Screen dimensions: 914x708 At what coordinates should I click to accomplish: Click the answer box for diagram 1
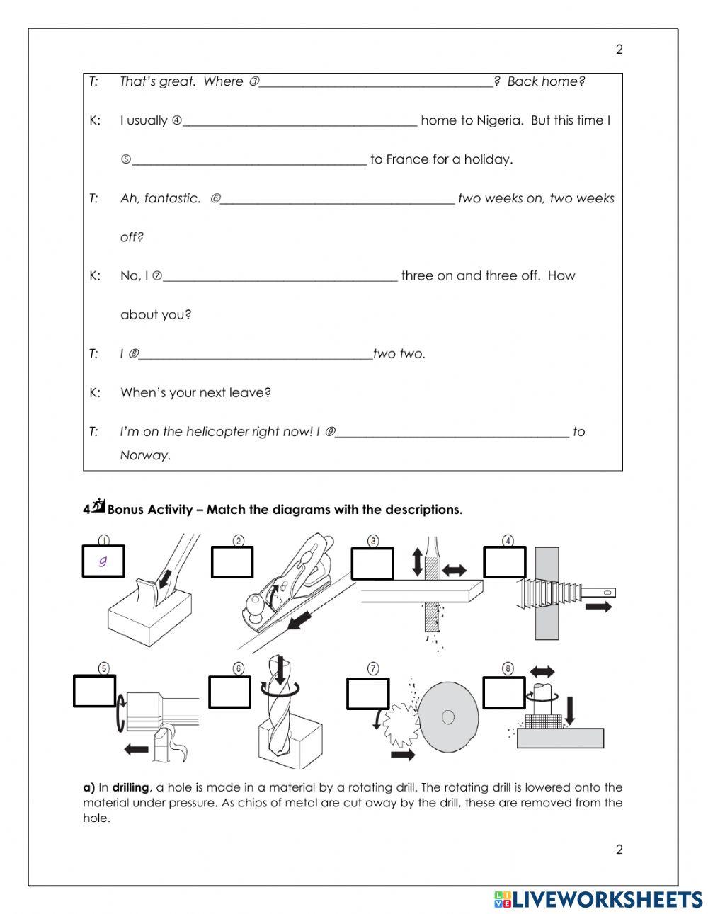point(104,561)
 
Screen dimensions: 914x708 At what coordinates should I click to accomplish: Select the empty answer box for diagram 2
point(232,562)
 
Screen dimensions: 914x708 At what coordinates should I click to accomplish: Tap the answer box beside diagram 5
point(94,691)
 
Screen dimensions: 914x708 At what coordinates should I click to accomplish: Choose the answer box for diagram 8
point(504,692)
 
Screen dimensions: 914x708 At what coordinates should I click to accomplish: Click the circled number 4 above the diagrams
point(508,541)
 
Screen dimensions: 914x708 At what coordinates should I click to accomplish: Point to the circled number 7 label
point(373,668)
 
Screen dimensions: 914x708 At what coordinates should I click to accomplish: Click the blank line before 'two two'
point(255,355)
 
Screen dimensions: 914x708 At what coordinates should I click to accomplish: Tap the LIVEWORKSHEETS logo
point(598,899)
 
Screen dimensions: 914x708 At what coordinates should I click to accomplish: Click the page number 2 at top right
point(619,50)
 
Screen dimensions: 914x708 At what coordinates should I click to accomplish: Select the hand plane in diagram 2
point(290,588)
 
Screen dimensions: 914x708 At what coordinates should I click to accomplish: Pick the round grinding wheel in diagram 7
point(447,716)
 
